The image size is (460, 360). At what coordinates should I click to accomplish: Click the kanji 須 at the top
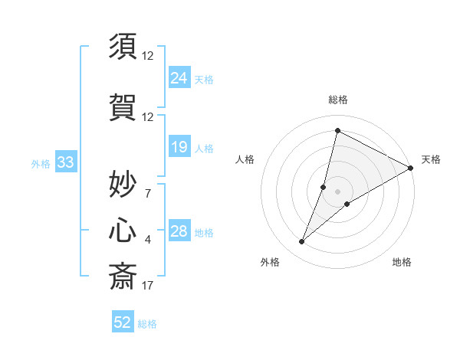[x=123, y=47]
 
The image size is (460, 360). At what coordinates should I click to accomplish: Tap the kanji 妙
[x=123, y=184]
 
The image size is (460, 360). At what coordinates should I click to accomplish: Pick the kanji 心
[x=123, y=231]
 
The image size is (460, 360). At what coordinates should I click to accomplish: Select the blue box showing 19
[x=179, y=146]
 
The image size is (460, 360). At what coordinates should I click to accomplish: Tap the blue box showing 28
[x=179, y=231]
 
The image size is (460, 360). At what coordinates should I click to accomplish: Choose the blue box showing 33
[x=65, y=162]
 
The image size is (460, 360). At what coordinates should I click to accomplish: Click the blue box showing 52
[x=123, y=322]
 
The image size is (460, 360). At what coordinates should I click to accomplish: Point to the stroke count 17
[x=148, y=286]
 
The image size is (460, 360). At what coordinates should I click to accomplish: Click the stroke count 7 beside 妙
[x=148, y=193]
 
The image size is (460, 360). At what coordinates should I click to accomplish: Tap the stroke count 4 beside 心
[x=148, y=240]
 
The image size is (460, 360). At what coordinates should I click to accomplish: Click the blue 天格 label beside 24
[x=204, y=79]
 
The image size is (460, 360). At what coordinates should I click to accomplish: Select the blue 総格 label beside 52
[x=147, y=324]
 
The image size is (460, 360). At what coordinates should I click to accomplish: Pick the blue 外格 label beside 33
[x=41, y=163]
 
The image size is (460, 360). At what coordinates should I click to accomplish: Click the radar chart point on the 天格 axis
[x=411, y=168]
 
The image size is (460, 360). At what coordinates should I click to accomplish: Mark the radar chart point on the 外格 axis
[x=302, y=242]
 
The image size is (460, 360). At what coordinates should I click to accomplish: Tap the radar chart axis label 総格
[x=337, y=100]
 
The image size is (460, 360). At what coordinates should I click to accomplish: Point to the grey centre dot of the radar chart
[x=337, y=191]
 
